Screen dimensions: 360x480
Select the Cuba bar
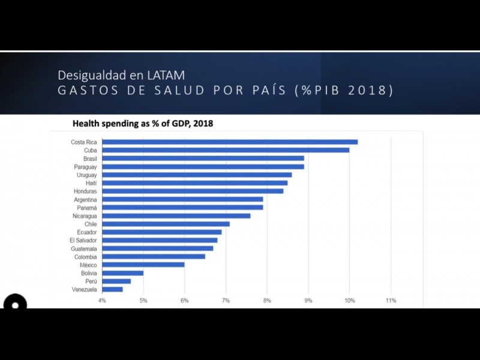[x=226, y=150]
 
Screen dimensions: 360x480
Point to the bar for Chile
[x=166, y=224]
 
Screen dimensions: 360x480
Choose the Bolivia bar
[x=122, y=273]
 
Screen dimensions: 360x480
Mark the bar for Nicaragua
[x=176, y=216]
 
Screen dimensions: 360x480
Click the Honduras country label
[x=85, y=191]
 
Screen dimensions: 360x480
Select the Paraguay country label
[x=85, y=166]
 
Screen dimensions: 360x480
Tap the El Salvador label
[x=83, y=240]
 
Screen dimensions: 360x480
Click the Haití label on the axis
[x=91, y=183]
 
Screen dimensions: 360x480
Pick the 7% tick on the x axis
[x=226, y=301]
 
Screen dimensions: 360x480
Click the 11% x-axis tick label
[x=391, y=301]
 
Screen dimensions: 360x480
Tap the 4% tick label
[x=102, y=301]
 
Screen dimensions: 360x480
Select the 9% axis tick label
[x=308, y=301]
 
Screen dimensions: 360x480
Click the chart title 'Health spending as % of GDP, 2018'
[x=143, y=124]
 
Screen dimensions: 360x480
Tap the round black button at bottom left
[x=15, y=304]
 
